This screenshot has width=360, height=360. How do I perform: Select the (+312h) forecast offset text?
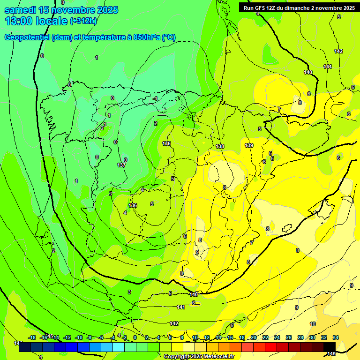click(x=83, y=21)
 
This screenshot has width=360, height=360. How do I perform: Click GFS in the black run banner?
click(x=262, y=8)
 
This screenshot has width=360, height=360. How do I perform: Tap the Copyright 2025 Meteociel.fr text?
click(x=199, y=357)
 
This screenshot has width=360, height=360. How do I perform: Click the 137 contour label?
click(x=121, y=165)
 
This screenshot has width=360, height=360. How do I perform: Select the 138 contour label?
click(x=220, y=147)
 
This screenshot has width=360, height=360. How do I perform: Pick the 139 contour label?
click(x=249, y=145)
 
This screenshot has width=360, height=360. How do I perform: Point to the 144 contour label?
click(x=328, y=67)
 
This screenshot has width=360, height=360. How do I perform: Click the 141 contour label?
click(x=181, y=307)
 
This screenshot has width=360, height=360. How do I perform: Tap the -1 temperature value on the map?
click(x=155, y=98)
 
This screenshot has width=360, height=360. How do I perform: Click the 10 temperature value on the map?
click(x=313, y=324)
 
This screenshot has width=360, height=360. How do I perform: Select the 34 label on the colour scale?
click(x=336, y=337)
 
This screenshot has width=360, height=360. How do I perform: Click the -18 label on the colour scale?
click(x=32, y=337)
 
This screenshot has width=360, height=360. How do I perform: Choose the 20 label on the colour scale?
click(x=254, y=337)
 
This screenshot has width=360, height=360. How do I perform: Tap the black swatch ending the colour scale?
click(x=330, y=347)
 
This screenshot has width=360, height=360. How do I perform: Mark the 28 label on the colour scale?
click(x=300, y=337)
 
